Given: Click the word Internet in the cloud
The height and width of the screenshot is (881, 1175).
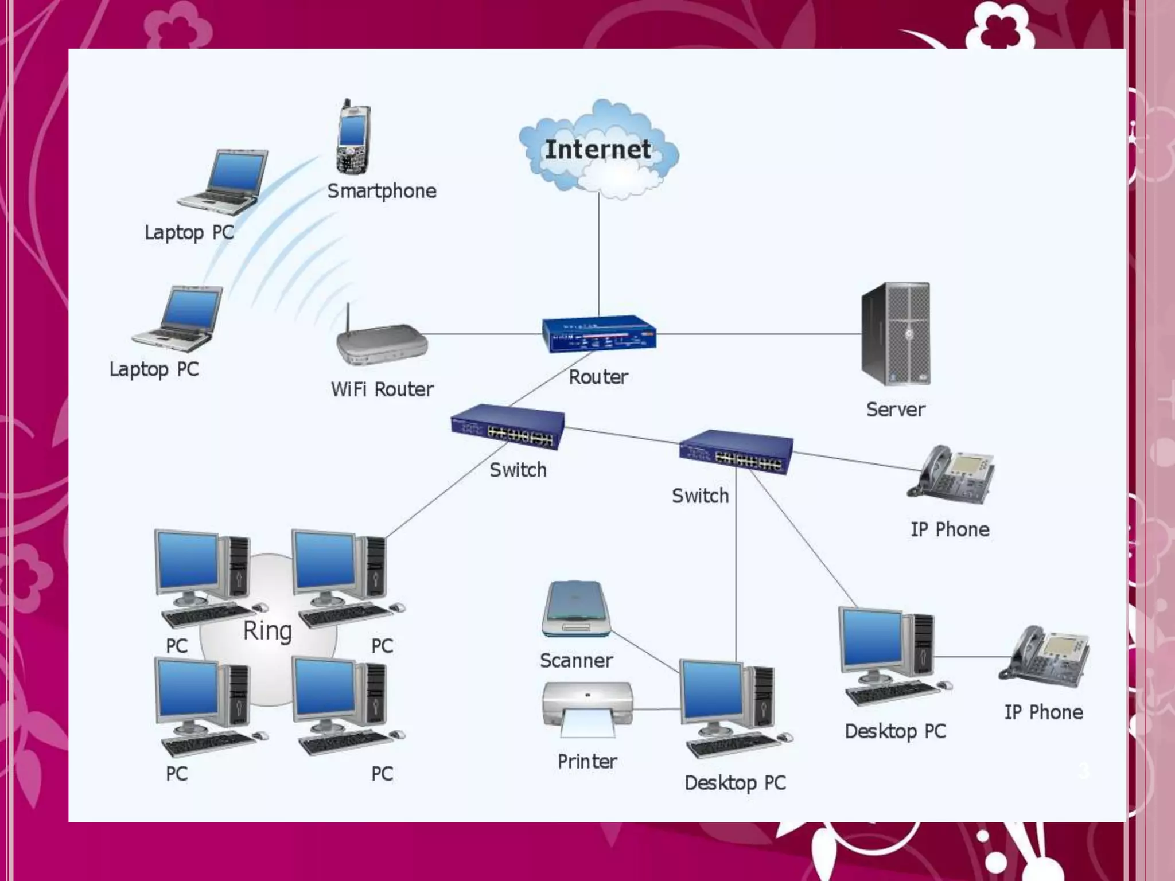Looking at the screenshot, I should click(597, 150).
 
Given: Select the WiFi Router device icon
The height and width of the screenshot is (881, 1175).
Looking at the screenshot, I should click(382, 344).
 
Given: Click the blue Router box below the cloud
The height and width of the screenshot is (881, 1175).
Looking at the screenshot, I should click(598, 334).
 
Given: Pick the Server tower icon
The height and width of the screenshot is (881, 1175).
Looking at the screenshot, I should click(895, 334).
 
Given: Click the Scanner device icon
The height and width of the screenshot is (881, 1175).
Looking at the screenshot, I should click(576, 609).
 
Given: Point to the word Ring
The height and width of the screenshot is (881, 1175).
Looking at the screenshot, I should click(267, 631).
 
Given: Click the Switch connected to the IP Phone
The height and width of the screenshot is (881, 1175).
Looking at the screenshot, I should click(736, 452).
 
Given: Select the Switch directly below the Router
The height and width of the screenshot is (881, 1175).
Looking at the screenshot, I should click(507, 428).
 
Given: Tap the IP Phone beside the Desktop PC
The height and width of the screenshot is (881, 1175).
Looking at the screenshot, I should click(1044, 657).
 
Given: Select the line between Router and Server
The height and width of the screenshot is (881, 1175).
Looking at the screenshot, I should click(757, 334).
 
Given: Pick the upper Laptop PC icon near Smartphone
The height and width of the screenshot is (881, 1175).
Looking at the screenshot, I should click(224, 182).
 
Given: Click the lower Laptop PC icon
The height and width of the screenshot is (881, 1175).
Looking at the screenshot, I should click(177, 319).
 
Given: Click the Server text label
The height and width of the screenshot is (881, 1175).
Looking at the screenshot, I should click(895, 410).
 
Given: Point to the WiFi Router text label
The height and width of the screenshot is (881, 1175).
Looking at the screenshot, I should click(382, 389).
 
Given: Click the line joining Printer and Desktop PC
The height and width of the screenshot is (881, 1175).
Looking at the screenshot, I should click(656, 710).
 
